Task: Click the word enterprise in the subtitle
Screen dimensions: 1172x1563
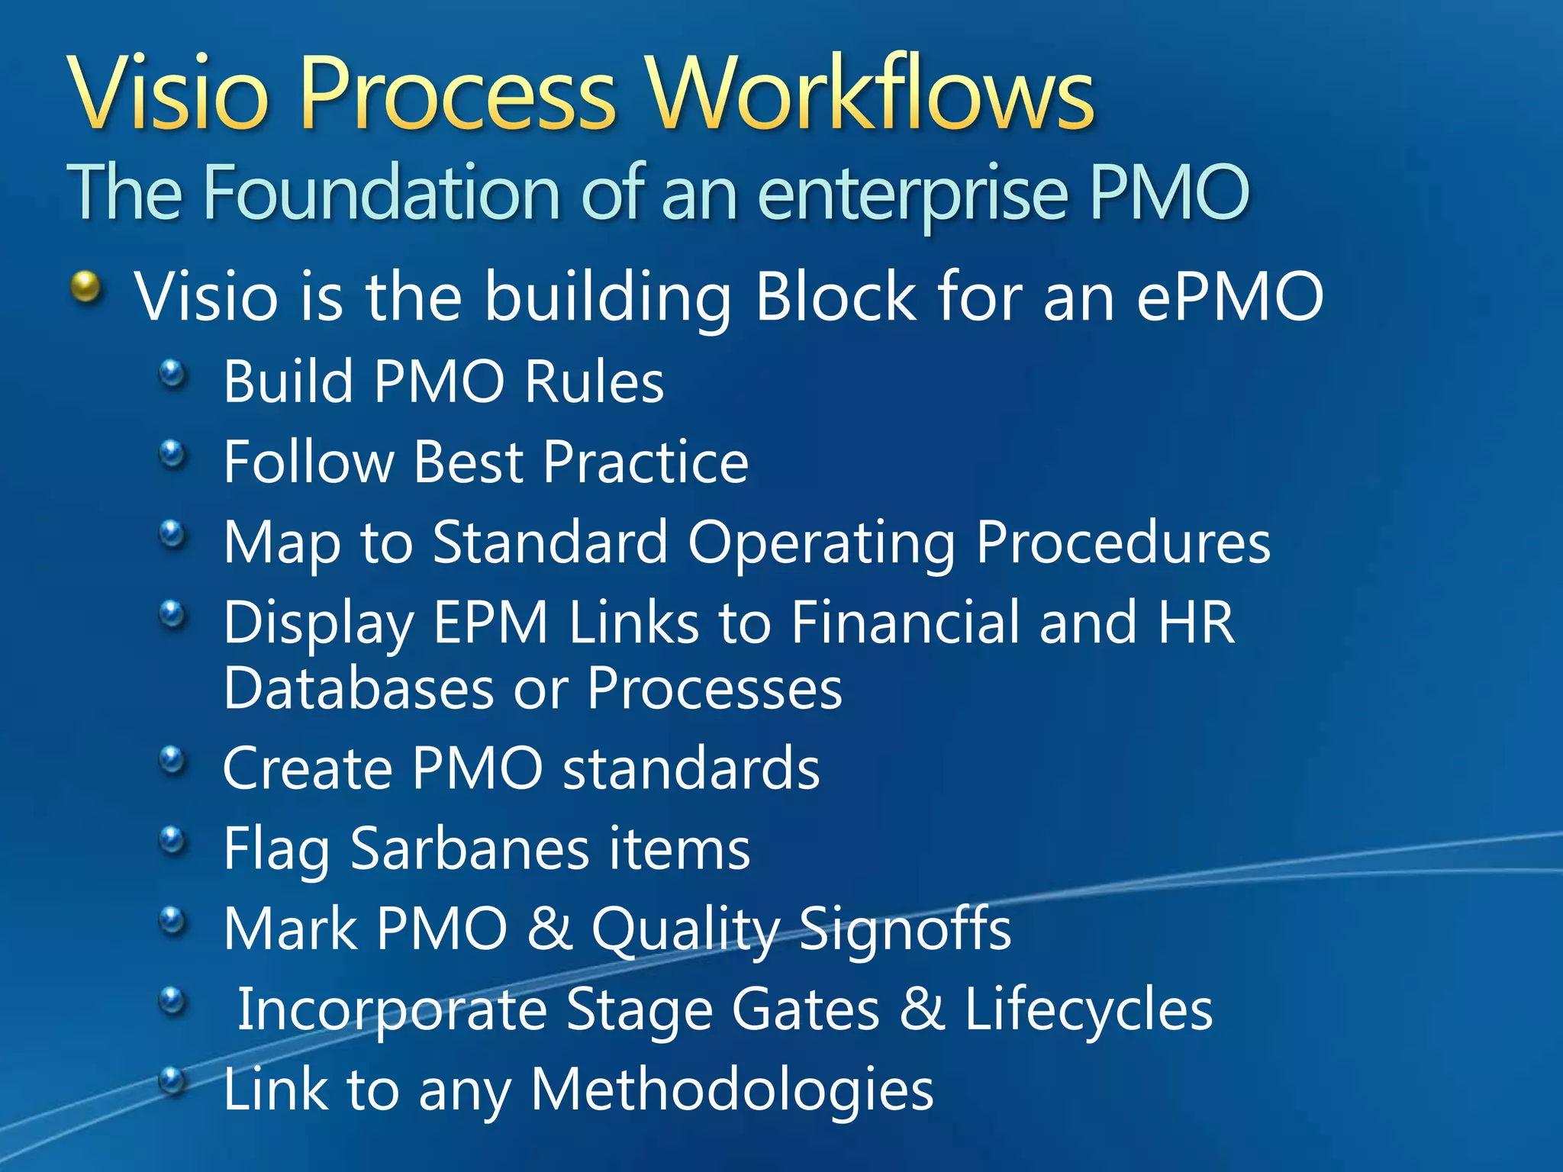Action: coord(912,195)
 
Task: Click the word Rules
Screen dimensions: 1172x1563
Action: coord(595,382)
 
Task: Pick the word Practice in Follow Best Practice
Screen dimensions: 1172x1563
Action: coord(646,462)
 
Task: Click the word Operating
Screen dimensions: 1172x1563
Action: coord(821,543)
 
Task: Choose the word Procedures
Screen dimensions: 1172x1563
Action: coord(1123,543)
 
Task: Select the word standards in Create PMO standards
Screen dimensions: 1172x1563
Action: coord(691,768)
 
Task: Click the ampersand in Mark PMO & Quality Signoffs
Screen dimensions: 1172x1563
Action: coord(549,929)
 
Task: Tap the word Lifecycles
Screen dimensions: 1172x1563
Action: coord(1088,1009)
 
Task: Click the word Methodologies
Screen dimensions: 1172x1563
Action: coord(731,1090)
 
